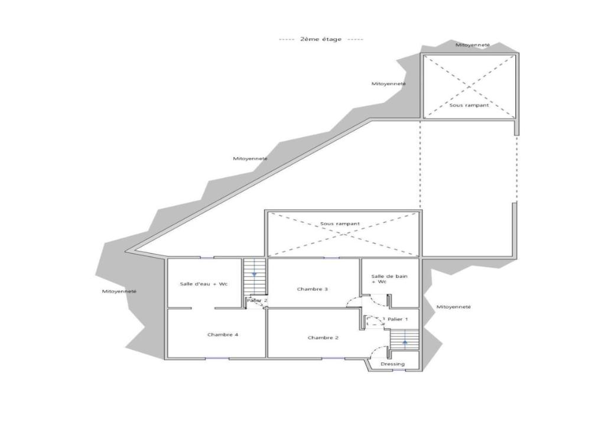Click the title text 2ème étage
321,39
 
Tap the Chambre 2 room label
323,338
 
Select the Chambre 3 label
313,289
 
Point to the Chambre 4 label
223,335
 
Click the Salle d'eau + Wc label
204,284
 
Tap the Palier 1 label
398,319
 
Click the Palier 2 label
257,300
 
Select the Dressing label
393,364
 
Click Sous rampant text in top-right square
469,105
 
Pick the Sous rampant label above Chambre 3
340,224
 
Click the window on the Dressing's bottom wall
399,371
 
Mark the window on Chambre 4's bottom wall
217,358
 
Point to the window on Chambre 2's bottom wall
333,358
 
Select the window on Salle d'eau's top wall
207,257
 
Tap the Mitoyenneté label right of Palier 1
453,307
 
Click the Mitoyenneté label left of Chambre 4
119,291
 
